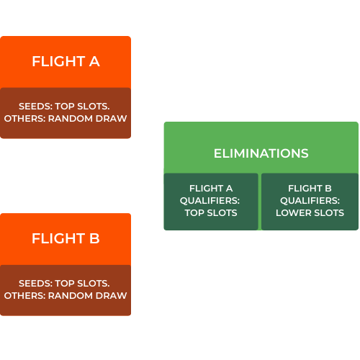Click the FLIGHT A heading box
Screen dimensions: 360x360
point(66,62)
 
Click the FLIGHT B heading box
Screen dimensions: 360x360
point(66,238)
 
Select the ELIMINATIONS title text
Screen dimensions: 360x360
point(261,153)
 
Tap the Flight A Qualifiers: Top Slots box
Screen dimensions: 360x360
point(210,201)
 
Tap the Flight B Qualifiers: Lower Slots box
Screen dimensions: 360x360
point(310,201)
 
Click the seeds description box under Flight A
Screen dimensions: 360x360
point(66,112)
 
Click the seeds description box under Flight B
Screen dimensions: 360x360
point(66,289)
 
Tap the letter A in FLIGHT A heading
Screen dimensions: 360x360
point(94,62)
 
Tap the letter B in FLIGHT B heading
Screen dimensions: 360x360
point(94,238)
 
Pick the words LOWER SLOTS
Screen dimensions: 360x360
point(310,212)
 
